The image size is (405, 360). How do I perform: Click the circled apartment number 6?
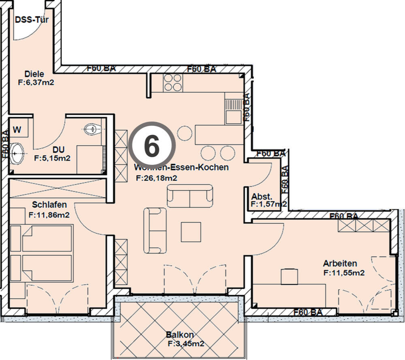tap(151, 145)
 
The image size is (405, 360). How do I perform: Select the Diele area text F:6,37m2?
tap(36, 82)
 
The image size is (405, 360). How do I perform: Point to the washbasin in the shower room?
tap(17, 153)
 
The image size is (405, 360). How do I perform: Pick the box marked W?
tap(17, 130)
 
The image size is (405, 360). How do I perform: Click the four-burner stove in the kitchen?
tap(173, 83)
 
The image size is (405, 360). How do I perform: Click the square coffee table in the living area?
tap(191, 232)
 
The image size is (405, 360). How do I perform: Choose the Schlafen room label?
tap(51, 205)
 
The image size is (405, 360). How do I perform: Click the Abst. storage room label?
tap(259, 196)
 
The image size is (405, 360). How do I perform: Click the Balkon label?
tap(180, 335)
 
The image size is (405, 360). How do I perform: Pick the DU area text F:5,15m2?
tap(52, 158)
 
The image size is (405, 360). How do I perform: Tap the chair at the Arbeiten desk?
tap(289, 277)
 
